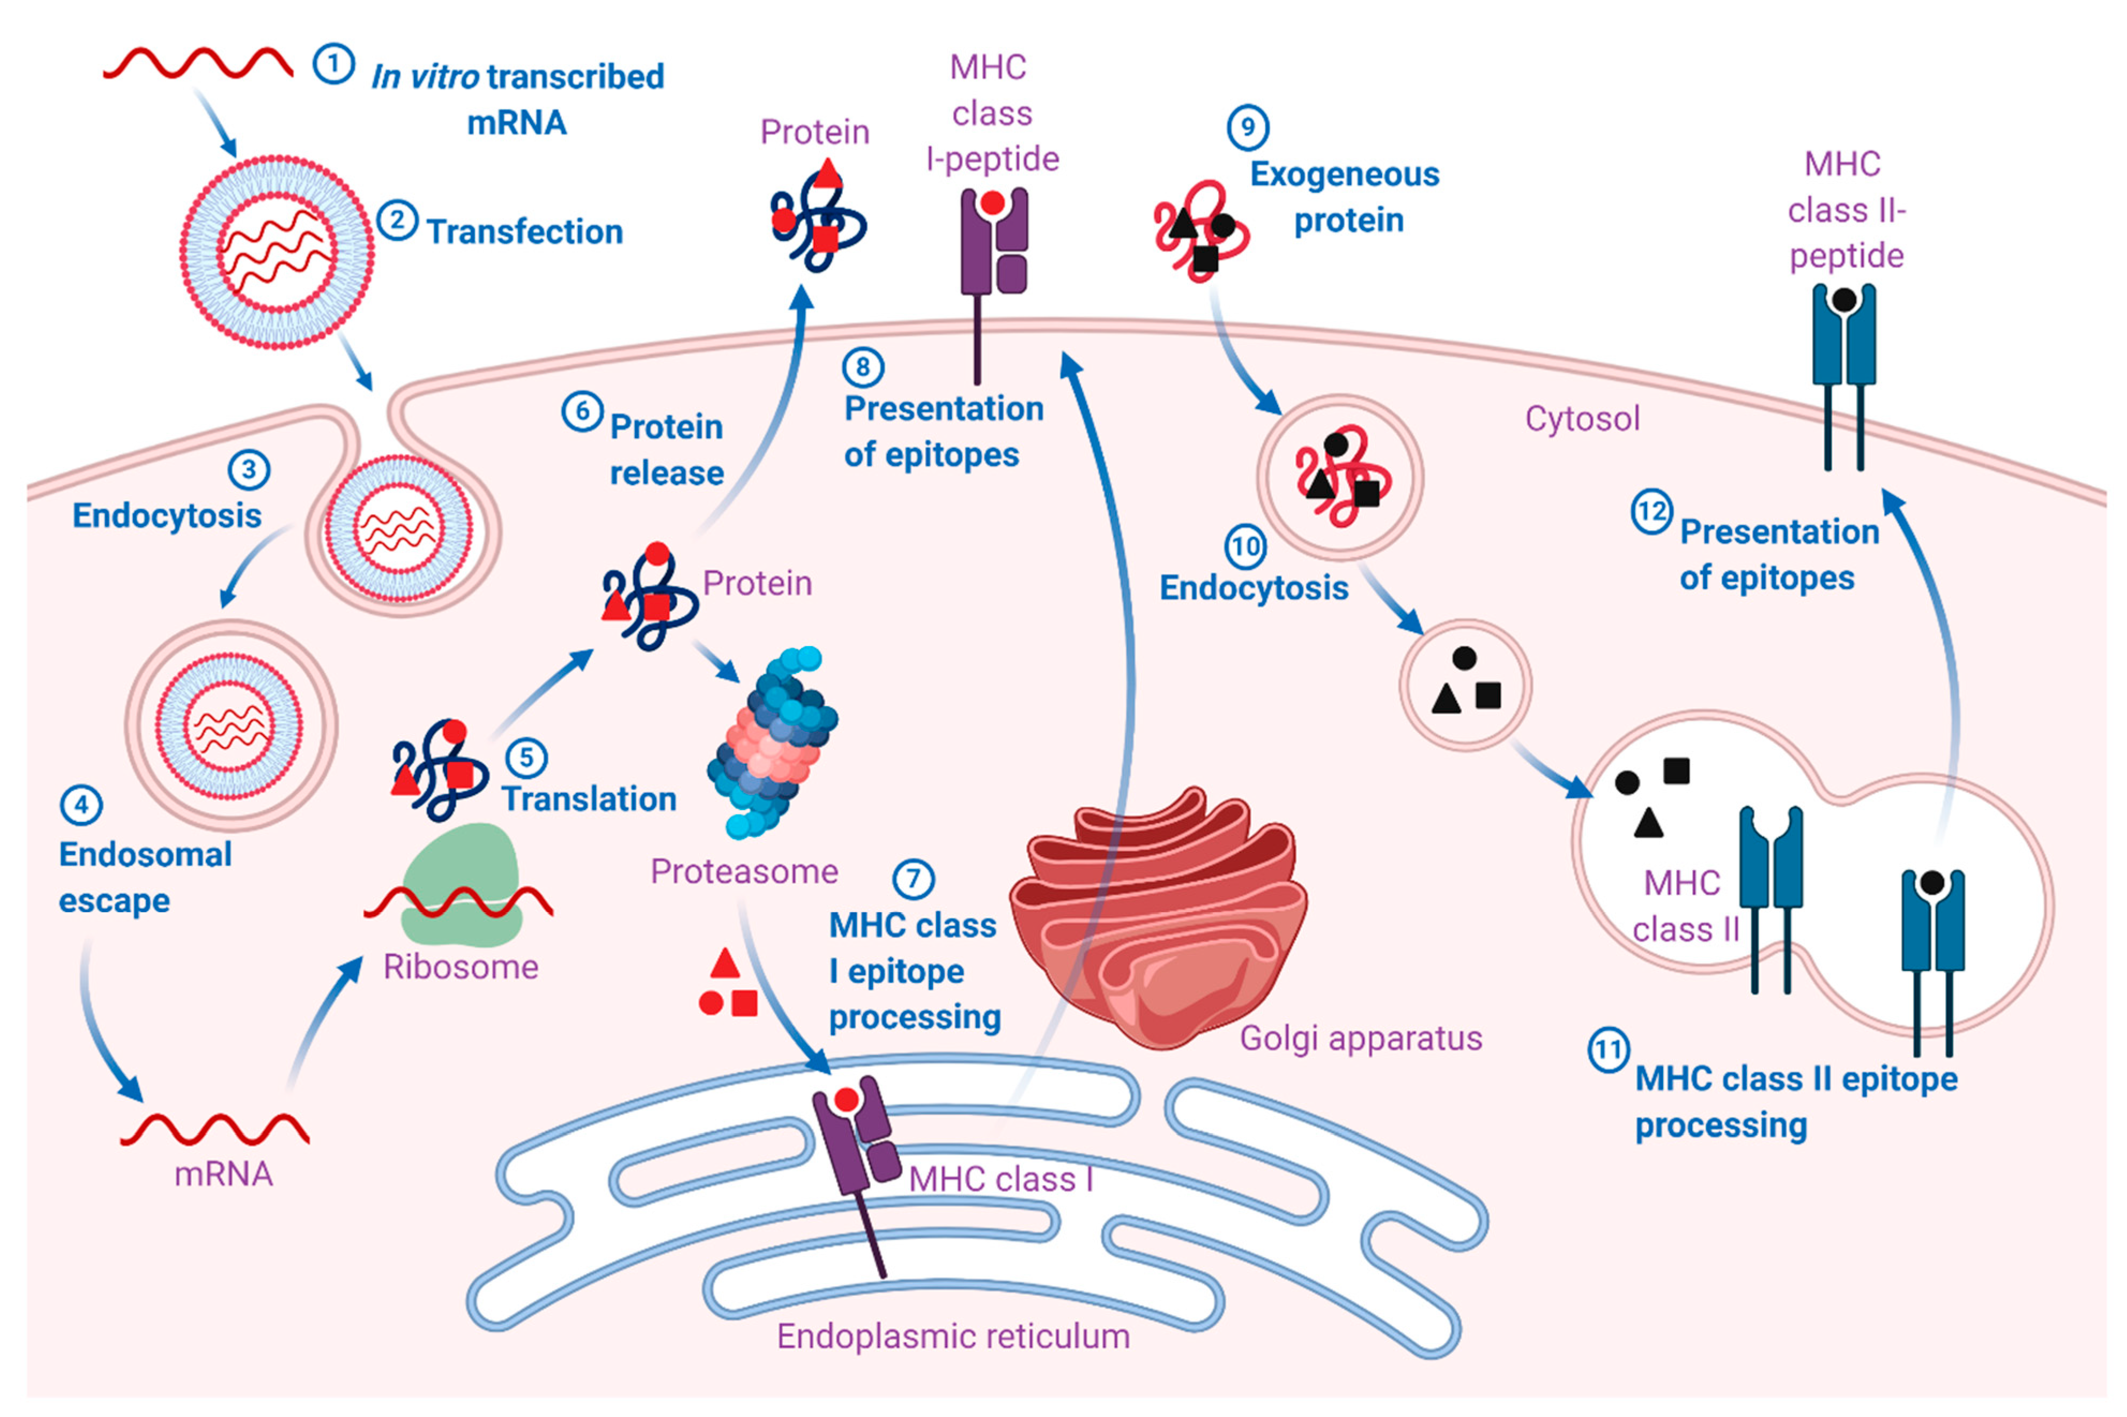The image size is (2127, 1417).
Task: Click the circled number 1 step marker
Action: (x=333, y=65)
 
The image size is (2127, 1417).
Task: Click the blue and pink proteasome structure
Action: (x=773, y=741)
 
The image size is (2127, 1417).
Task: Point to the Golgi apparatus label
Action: (x=1360, y=1038)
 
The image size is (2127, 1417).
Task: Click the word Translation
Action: (x=589, y=799)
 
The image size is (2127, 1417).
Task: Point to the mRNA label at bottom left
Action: (x=223, y=1174)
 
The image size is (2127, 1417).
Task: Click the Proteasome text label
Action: (x=744, y=871)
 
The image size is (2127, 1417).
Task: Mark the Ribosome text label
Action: (x=460, y=967)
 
